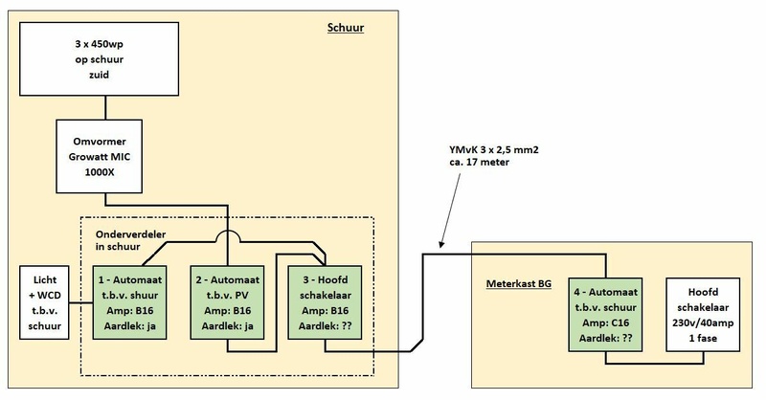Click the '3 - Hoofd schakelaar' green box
tap(325, 303)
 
